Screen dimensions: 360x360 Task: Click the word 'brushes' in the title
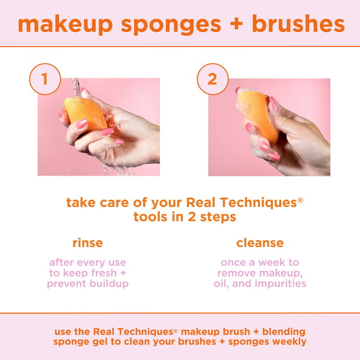[298, 24]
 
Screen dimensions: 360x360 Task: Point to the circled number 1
[45, 79]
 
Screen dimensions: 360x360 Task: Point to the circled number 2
[212, 79]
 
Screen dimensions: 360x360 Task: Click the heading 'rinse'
[88, 242]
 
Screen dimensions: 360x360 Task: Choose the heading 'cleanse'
[259, 242]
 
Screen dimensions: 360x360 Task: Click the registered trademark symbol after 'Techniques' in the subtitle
[300, 200]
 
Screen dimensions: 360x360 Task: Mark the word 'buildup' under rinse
[108, 284]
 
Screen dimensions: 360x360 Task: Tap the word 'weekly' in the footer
[288, 342]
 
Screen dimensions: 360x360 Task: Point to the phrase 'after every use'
[88, 262]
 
